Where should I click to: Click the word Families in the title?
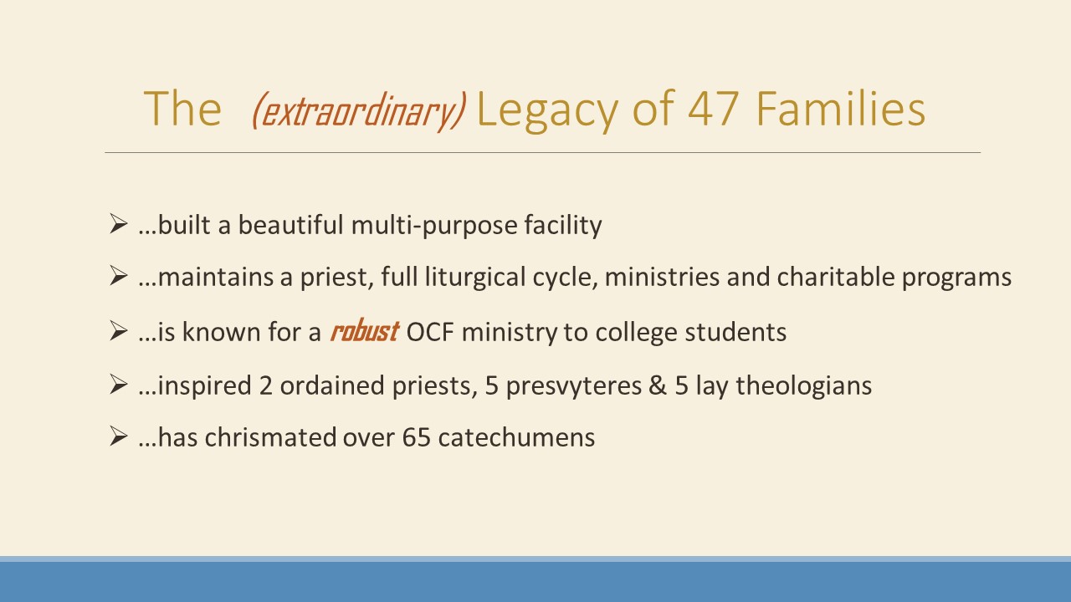841,109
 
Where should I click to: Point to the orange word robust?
364,330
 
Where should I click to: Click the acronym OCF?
430,332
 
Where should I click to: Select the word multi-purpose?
434,225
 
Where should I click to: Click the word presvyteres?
574,386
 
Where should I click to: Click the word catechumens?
516,437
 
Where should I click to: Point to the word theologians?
804,385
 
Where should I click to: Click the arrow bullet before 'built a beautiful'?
118,223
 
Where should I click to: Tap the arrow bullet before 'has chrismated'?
118,436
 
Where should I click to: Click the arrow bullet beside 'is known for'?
118,330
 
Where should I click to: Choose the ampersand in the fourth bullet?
658,385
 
